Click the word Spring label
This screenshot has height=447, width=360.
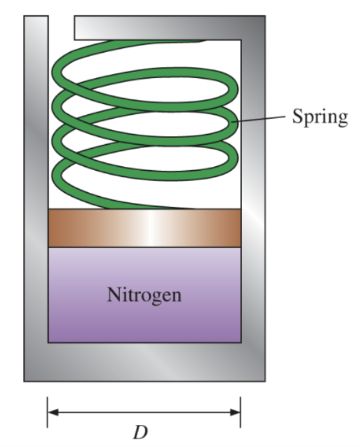[x=320, y=117]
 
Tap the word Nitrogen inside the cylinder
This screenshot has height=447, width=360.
[x=144, y=294]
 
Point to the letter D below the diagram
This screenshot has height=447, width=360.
[x=139, y=432]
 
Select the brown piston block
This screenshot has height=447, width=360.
[x=144, y=228]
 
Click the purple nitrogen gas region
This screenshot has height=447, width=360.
[x=144, y=320]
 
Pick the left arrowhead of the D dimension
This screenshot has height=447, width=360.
[x=52, y=412]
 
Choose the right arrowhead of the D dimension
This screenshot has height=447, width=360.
[x=235, y=412]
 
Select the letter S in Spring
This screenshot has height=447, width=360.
[x=298, y=117]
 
